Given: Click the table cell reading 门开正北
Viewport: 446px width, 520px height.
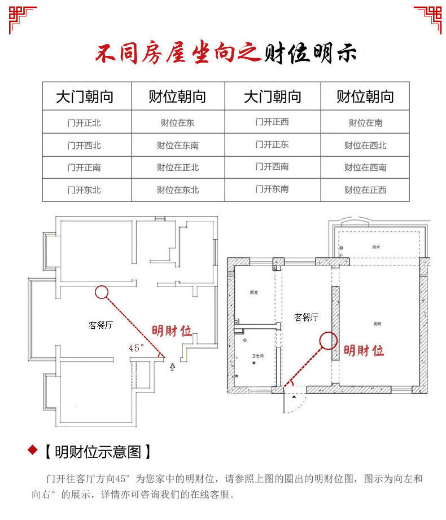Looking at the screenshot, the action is (84, 122).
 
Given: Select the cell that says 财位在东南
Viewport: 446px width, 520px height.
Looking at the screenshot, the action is (178, 145).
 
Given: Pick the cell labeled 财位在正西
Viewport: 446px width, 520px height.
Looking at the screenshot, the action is (365, 190).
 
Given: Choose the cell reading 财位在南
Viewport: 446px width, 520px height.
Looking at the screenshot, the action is (365, 122).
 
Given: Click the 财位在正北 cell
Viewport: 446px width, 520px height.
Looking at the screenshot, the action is (178, 168).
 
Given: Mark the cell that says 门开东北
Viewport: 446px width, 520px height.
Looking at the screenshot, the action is (84, 190).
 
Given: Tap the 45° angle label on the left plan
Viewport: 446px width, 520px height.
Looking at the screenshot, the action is (137, 348).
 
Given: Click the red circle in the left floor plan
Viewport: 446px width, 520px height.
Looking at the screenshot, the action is (101, 292).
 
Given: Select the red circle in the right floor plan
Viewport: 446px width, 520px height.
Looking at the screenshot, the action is (329, 340).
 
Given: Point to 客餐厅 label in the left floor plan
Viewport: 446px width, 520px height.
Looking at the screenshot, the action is (101, 325).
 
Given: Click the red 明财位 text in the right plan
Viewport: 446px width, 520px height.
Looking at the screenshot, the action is (364, 351).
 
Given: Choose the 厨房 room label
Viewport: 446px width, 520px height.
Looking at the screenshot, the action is (253, 292).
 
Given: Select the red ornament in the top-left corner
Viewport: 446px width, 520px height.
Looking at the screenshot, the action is (21, 18).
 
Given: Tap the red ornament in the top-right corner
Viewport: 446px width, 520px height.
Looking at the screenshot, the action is (428, 18).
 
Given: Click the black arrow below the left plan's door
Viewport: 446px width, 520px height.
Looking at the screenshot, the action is (173, 367).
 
